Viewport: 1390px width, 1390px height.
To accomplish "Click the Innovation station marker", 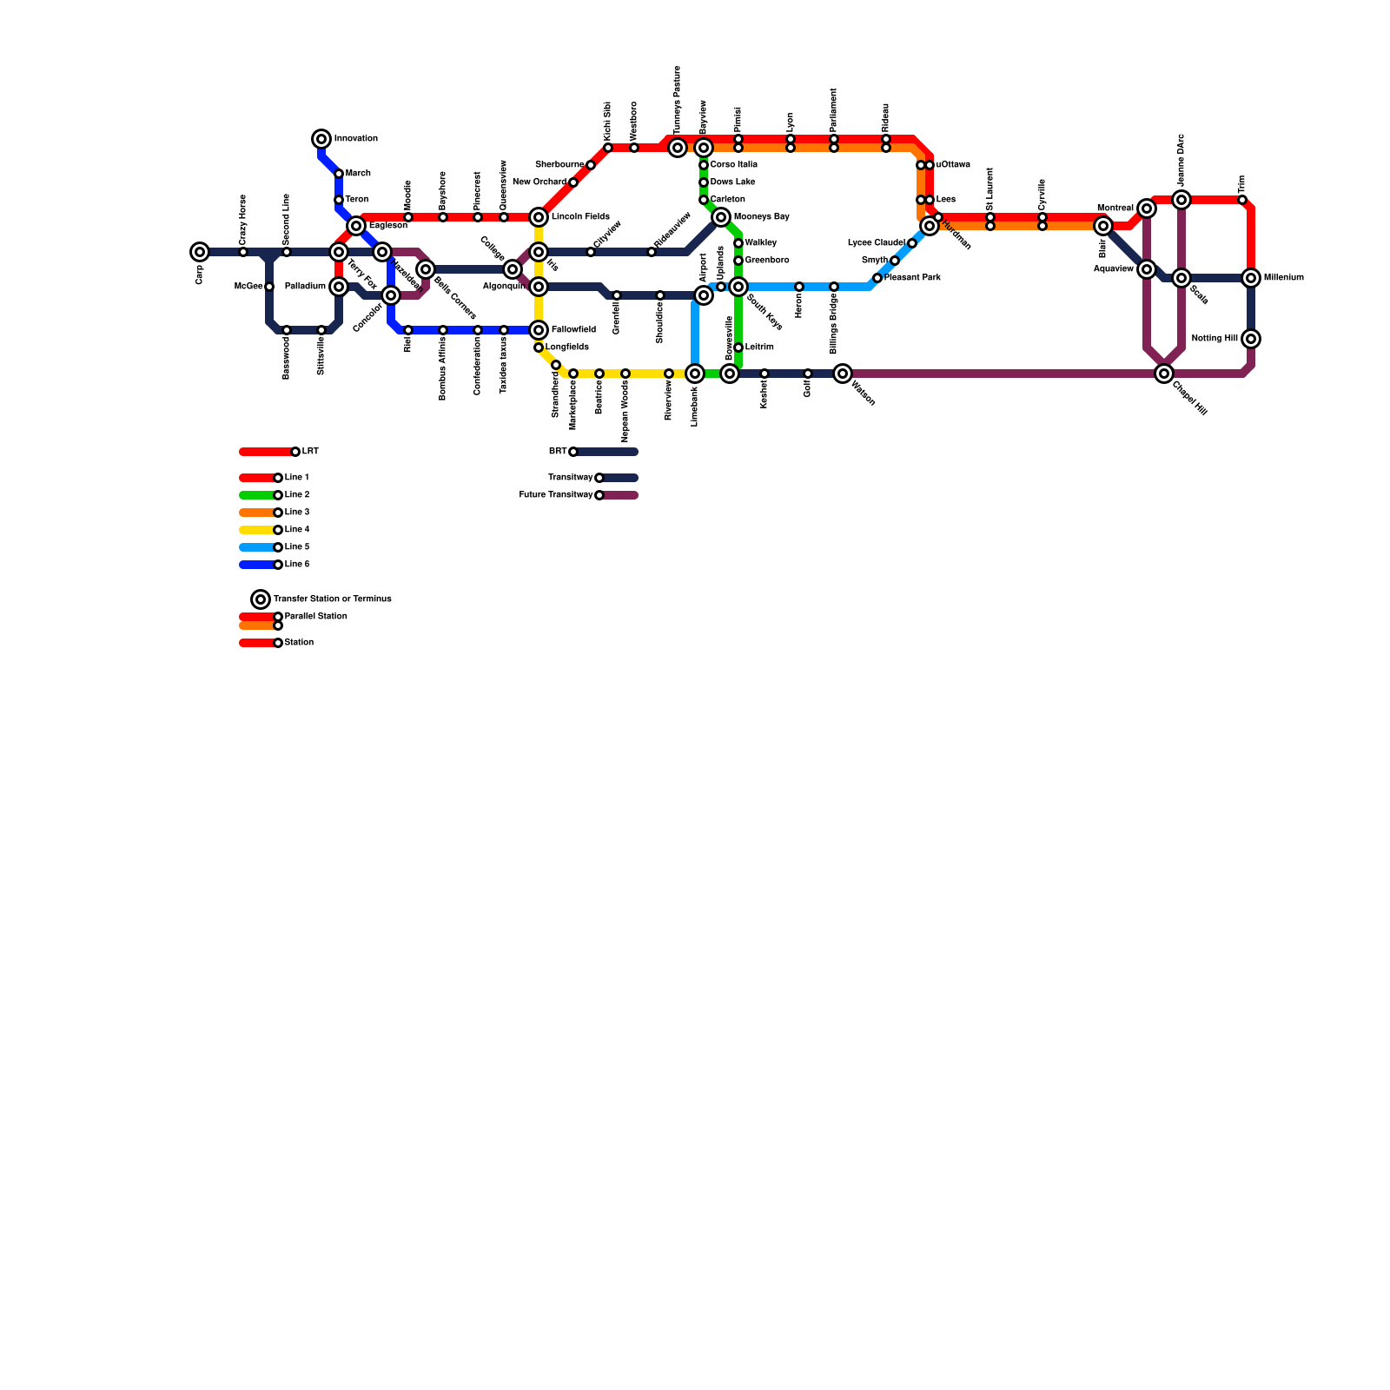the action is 321,139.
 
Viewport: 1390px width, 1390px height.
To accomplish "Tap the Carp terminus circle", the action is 200,252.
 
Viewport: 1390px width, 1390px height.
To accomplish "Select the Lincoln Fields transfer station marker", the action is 539,217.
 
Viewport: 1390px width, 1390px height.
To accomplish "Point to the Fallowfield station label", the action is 573,330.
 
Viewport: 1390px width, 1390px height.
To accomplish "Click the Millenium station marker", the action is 1251,278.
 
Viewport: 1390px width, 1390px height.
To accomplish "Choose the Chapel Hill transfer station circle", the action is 1164,374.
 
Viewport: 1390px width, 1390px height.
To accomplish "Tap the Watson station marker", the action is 843,374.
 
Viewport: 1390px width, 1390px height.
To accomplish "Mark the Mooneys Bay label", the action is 761,217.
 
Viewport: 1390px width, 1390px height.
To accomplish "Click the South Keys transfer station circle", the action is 738,287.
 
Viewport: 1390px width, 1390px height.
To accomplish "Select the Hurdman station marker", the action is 930,226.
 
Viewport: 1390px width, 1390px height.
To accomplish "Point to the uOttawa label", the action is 953,165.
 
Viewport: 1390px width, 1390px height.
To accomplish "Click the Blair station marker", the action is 1103,226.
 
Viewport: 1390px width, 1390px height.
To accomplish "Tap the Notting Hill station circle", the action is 1251,339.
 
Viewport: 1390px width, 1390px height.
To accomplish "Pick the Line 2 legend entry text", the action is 297,495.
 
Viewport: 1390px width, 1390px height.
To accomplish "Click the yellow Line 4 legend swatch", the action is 256,530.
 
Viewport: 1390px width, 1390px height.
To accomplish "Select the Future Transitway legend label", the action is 555,495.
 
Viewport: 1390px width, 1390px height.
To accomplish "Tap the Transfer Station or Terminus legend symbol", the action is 261,599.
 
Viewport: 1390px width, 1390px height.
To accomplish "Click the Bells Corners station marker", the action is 426,269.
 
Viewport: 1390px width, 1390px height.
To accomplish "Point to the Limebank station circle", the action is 695,374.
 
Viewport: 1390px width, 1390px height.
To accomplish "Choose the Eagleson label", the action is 387,226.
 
